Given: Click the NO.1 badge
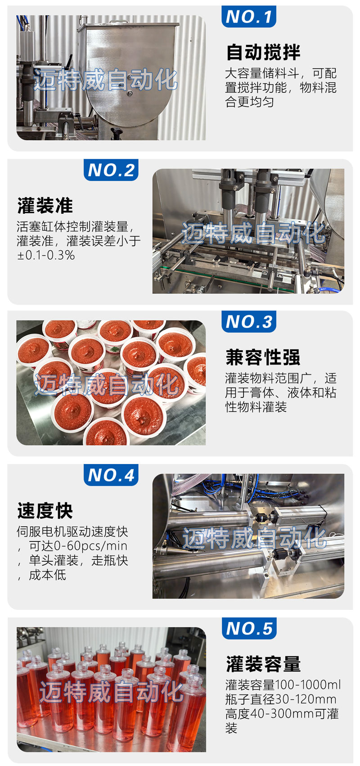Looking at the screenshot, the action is point(248,16).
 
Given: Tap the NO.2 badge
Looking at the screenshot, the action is point(111,170).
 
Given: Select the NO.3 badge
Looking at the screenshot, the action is point(248,321).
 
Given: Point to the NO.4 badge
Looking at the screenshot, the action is point(111,475).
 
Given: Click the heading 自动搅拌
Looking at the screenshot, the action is point(263,52).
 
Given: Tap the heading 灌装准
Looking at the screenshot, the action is point(45,206).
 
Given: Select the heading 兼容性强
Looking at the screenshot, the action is point(263,357).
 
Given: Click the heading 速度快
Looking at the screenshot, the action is point(45,511).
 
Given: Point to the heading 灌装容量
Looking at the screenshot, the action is point(263,664).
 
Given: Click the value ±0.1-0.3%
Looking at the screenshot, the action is point(46,255).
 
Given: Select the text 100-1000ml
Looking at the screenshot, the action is point(308,685).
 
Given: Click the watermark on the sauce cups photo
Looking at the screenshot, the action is point(107,384).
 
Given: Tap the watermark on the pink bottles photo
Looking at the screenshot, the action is point(111,691).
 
